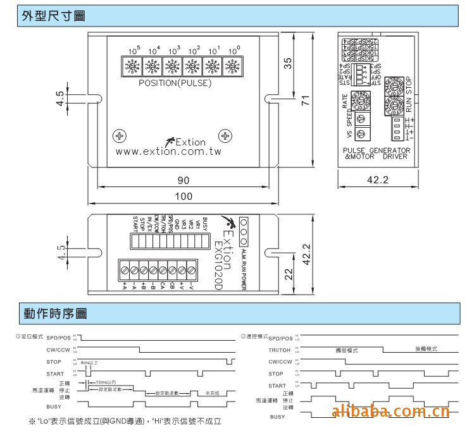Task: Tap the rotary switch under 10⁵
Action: click(x=134, y=65)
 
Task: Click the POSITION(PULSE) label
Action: click(x=175, y=83)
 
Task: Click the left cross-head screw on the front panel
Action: click(x=118, y=136)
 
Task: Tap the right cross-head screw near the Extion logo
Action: click(x=225, y=136)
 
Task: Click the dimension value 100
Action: click(x=184, y=197)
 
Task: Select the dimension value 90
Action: click(x=184, y=180)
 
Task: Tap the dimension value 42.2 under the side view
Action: click(x=378, y=180)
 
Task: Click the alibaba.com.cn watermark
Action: click(x=390, y=413)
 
